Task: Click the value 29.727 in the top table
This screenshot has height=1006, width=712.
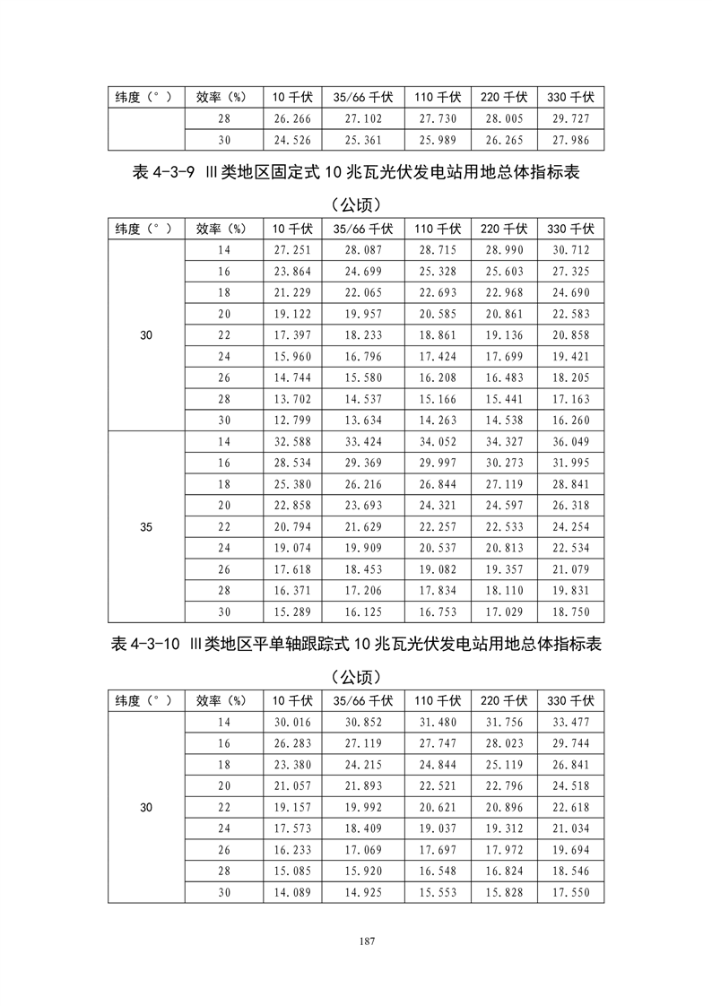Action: click(x=570, y=119)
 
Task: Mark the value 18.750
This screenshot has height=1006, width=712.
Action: click(x=570, y=611)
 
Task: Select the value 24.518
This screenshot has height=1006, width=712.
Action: click(x=570, y=786)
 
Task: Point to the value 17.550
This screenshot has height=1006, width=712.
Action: click(x=570, y=892)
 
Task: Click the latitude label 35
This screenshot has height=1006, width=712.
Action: click(x=146, y=527)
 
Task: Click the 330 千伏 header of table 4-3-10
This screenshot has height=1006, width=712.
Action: click(x=570, y=700)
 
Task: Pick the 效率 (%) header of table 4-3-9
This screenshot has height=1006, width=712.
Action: click(x=221, y=228)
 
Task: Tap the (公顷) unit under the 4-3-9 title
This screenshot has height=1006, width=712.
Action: click(x=356, y=204)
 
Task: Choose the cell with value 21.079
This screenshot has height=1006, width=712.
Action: click(x=570, y=569)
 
